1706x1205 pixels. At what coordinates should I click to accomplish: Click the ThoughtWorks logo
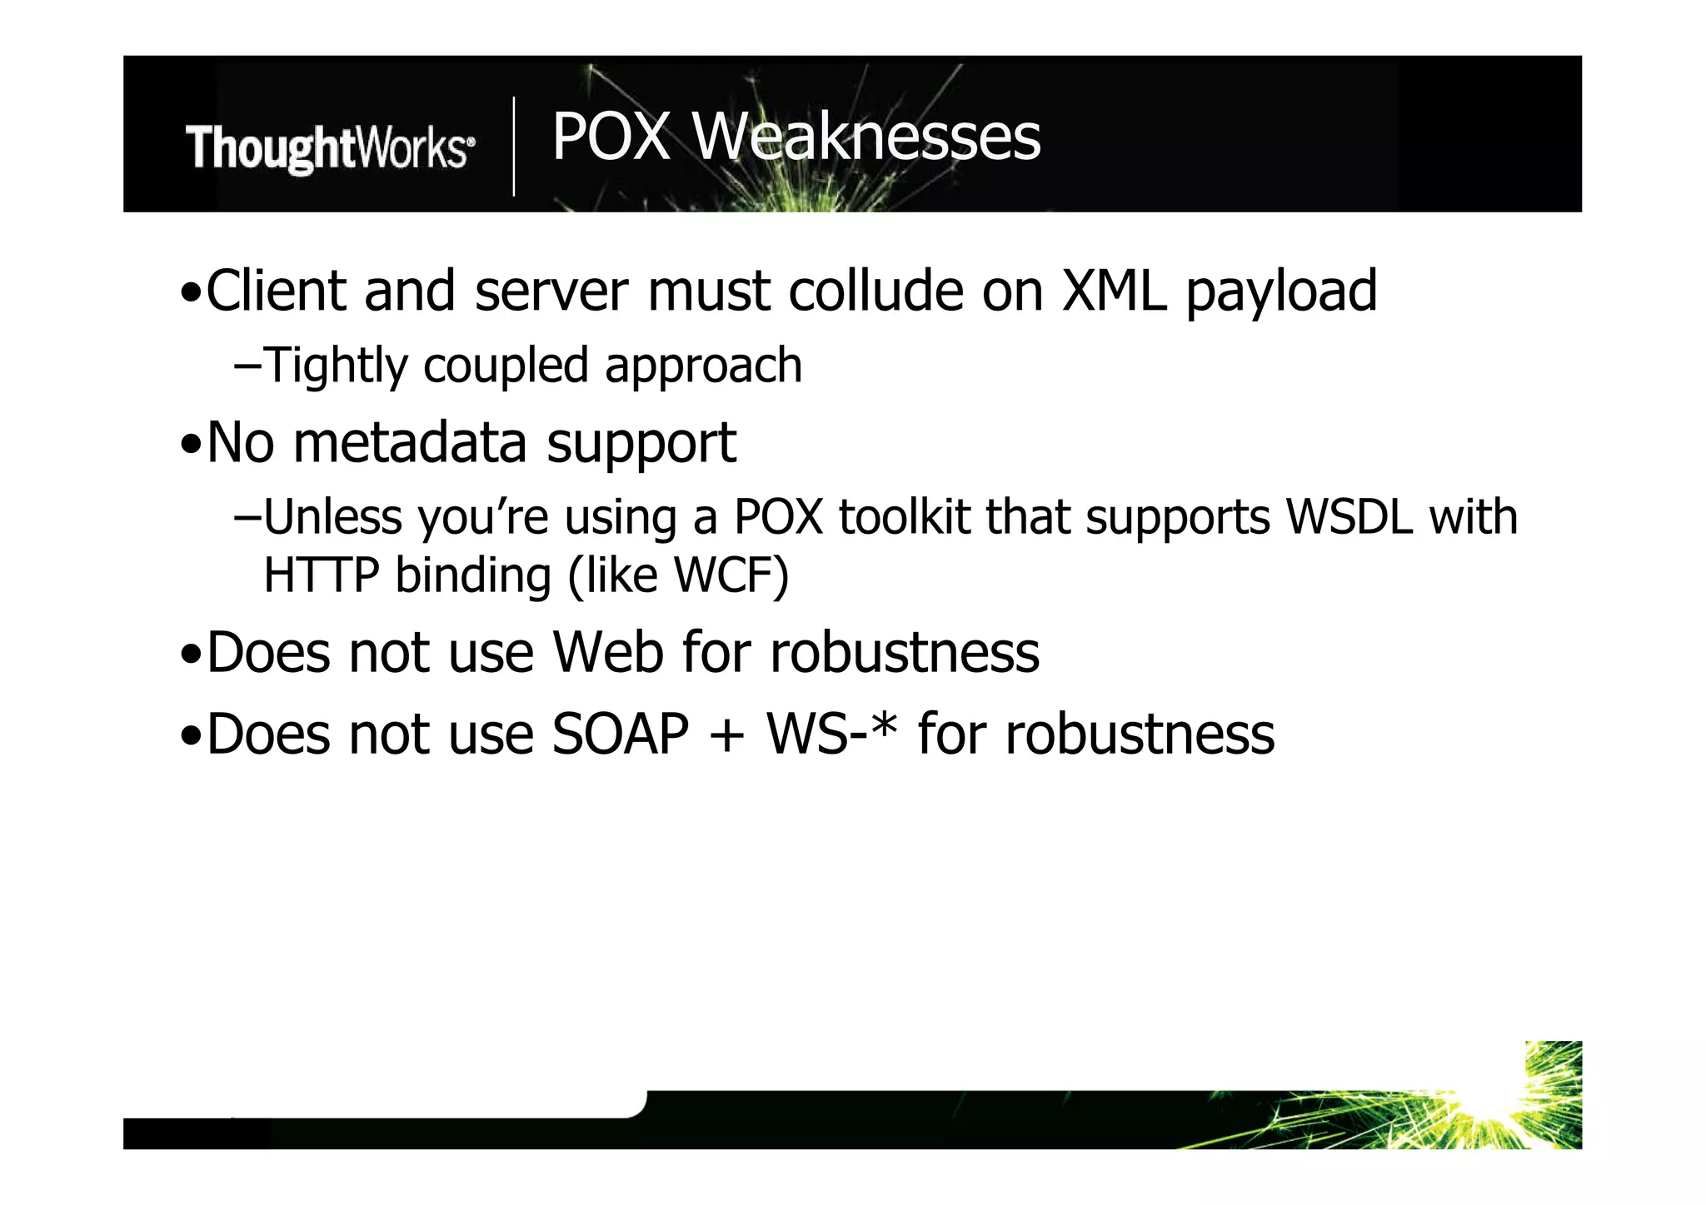pyautogui.click(x=330, y=148)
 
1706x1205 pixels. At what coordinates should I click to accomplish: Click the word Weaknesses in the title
pyautogui.click(x=866, y=137)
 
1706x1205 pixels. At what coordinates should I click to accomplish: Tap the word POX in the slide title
pyautogui.click(x=611, y=137)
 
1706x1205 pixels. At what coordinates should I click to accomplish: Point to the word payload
pyautogui.click(x=1281, y=293)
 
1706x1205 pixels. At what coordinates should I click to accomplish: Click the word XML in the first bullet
pyautogui.click(x=1113, y=291)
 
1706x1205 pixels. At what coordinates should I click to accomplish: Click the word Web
pyautogui.click(x=608, y=652)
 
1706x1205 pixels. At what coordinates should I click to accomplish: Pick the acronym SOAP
pyautogui.click(x=620, y=734)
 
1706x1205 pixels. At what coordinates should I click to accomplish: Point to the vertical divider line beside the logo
pyautogui.click(x=513, y=147)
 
